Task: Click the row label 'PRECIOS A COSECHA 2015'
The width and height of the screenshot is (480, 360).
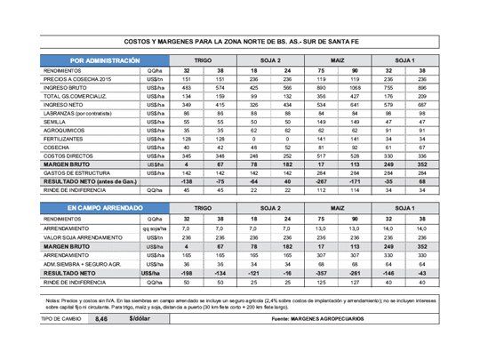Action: (x=70, y=78)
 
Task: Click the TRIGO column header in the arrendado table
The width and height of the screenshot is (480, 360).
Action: (x=203, y=206)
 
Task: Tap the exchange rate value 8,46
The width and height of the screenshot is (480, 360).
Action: (x=100, y=316)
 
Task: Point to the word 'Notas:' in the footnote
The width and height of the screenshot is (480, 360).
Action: (x=55, y=299)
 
